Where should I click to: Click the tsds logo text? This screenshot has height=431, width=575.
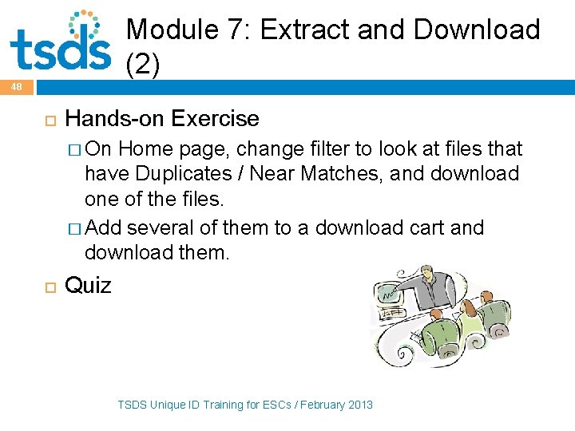tap(60, 49)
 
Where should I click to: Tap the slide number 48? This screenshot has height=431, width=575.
tap(17, 86)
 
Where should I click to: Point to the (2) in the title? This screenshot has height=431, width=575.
tap(144, 65)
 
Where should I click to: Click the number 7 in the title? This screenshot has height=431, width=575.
tap(236, 30)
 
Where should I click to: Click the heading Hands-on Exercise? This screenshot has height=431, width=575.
tap(162, 119)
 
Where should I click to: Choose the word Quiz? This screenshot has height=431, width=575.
tap(88, 285)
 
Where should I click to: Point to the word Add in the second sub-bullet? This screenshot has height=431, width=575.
tap(104, 227)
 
